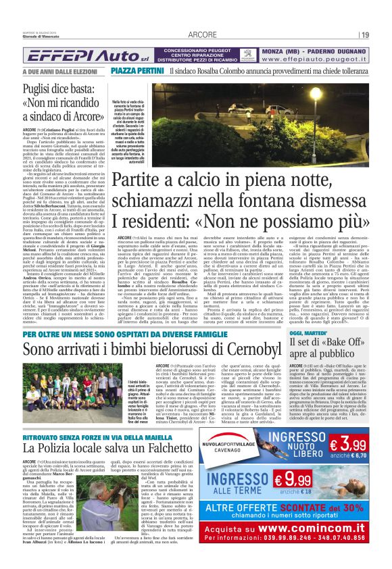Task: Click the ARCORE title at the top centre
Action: click(x=202, y=34)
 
